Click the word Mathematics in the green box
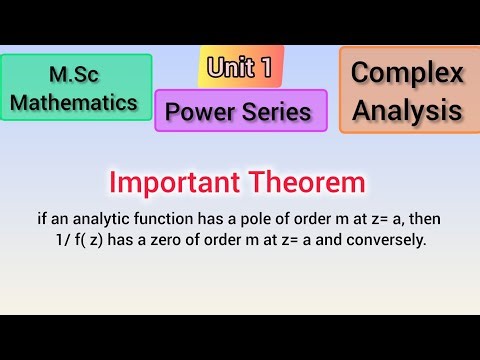point(77,101)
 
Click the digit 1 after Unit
point(265,67)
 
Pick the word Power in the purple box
point(201,111)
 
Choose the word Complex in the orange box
point(408,73)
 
